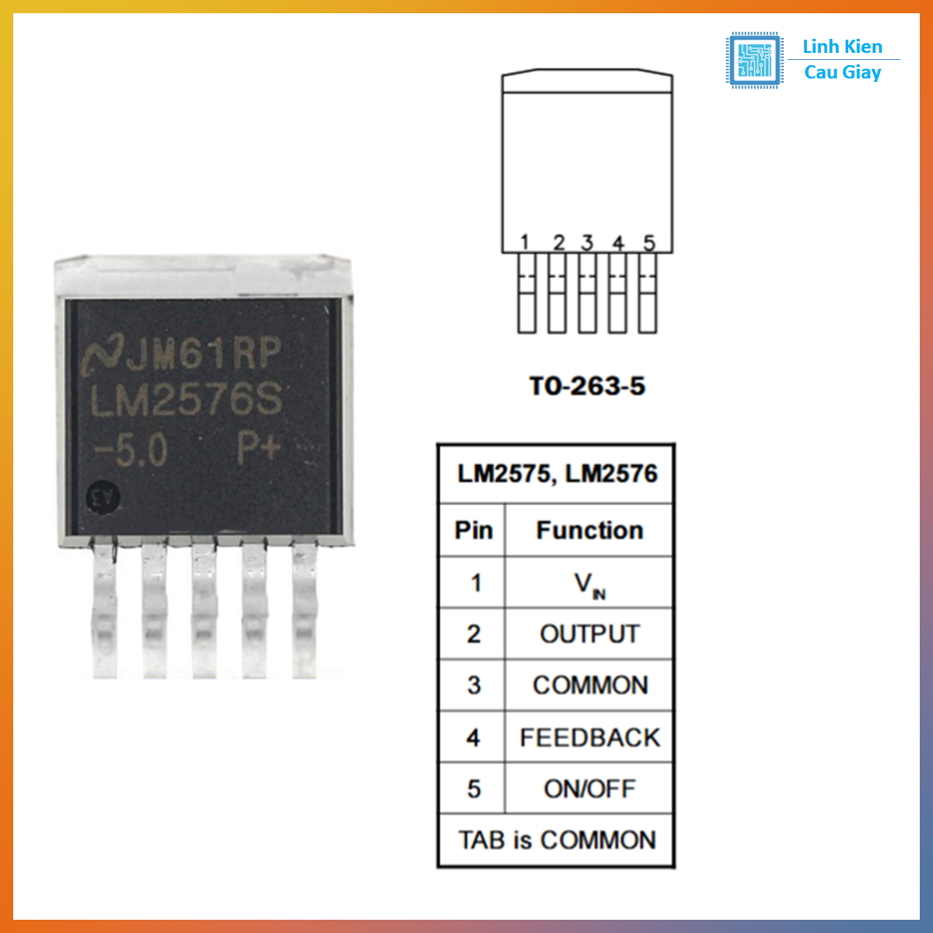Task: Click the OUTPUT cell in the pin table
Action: (589, 634)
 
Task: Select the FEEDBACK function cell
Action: (589, 737)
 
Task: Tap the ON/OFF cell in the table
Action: (589, 788)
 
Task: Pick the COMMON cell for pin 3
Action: (589, 685)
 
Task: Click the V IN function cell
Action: (589, 584)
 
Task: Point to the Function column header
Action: (589, 530)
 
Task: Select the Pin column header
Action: (474, 530)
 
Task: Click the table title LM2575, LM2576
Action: (556, 474)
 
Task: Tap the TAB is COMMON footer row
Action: (556, 840)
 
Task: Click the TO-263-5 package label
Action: (587, 385)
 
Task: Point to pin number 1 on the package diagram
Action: (525, 242)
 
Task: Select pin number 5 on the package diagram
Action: (649, 242)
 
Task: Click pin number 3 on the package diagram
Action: (587, 242)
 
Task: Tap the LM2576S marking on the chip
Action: (188, 405)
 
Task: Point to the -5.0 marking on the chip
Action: (130, 452)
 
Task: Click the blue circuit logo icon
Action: (754, 60)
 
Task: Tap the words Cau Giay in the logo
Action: (842, 72)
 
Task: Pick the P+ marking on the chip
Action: (262, 449)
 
